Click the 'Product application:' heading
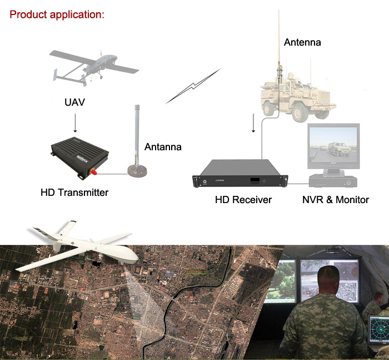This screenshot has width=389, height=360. tap(57, 14)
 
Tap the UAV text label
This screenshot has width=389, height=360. tap(74, 102)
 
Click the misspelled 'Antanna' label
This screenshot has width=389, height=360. tap(163, 147)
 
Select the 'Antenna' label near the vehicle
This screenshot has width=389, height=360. tap(302, 42)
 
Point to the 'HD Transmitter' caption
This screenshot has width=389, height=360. tap(74, 193)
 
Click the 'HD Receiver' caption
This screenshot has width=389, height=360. tap(243, 200)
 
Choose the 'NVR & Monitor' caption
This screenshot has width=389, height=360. tap(336, 200)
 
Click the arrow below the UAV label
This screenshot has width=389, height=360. tap(75, 123)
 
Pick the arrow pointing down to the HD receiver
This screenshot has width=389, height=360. tap(253, 123)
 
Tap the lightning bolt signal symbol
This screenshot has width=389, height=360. tap(193, 86)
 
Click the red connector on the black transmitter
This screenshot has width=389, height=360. tap(93, 171)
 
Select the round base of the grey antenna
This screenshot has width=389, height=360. tap(137, 171)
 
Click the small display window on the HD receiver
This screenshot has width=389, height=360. tap(255, 181)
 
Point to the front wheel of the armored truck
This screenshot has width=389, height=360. tap(300, 114)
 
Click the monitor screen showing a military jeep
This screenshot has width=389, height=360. tap(333, 145)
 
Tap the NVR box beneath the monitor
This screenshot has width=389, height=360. tap(333, 181)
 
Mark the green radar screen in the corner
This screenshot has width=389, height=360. tap(378, 329)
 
